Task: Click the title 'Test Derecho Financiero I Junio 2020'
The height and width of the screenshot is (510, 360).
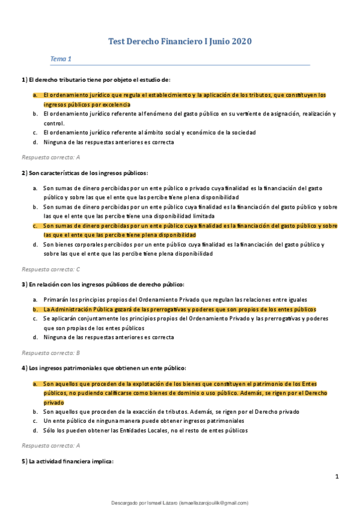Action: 180,41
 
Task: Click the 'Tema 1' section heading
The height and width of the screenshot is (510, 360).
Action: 61,59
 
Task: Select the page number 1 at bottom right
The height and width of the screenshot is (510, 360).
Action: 337,477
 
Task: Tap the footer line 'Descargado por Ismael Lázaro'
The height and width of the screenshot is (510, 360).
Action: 180,503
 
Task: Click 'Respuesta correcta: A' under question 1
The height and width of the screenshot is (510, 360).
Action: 50,158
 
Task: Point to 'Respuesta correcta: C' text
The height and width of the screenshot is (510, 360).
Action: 50,269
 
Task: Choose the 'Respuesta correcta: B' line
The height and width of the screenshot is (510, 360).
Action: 50,352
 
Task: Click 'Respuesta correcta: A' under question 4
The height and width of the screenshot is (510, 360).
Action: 50,446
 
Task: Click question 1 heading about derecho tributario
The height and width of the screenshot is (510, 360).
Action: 96,79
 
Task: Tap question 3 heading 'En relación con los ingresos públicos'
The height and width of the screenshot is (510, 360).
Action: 103,284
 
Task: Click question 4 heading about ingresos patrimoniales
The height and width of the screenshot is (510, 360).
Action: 103,368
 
